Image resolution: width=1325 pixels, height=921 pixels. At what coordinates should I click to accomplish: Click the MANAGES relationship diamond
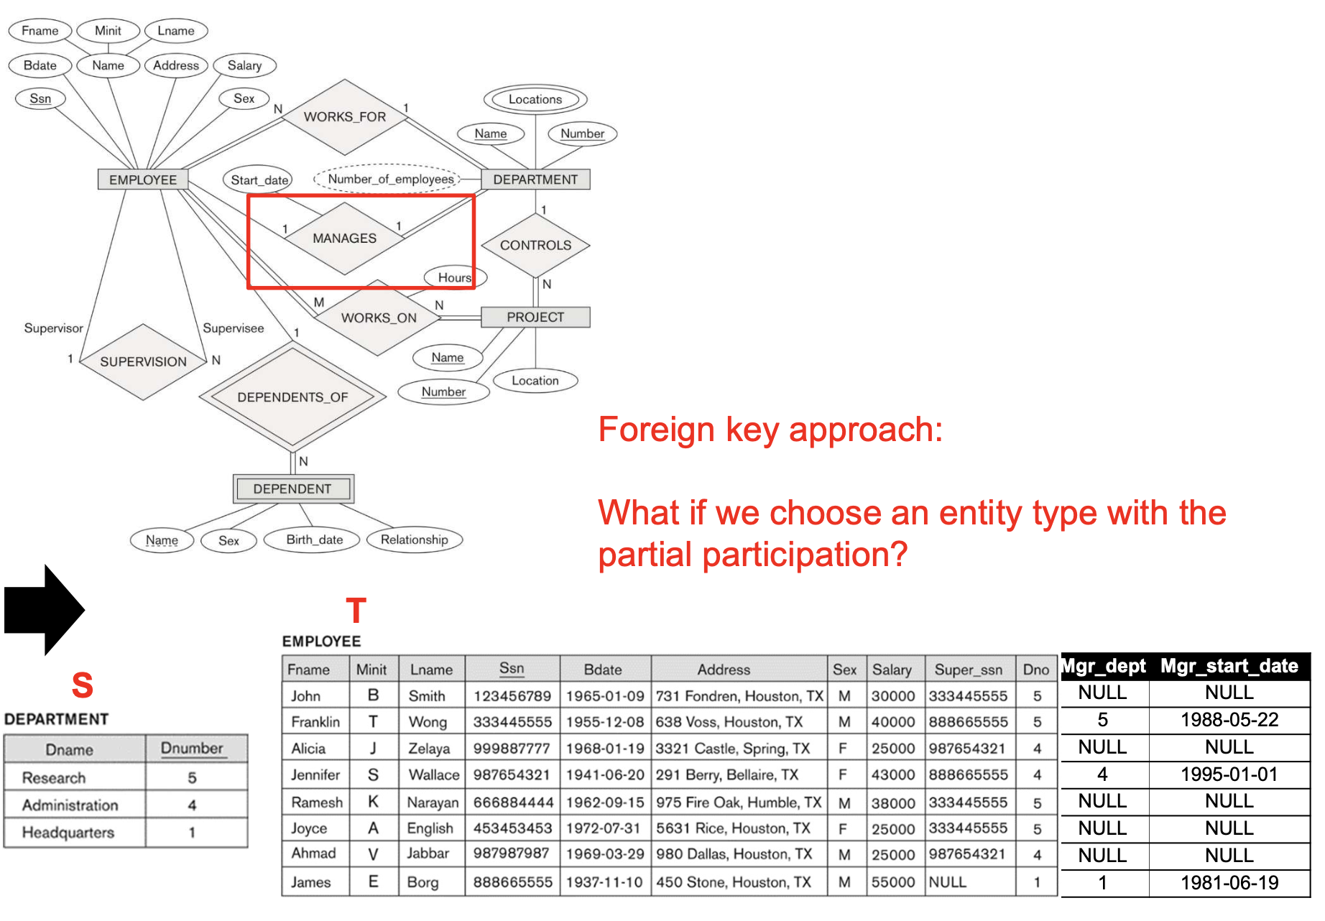click(344, 239)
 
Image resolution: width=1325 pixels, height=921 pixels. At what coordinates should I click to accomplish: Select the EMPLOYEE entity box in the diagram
click(143, 180)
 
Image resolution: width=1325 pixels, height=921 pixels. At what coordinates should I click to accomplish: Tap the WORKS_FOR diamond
click(345, 117)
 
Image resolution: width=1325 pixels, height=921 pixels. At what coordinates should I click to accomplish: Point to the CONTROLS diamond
click(535, 245)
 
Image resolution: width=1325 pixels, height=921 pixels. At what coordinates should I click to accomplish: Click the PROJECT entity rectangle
click(535, 317)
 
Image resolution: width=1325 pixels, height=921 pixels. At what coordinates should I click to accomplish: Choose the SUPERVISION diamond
click(143, 361)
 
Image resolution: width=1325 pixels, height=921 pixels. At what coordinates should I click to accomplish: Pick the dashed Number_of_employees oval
click(390, 179)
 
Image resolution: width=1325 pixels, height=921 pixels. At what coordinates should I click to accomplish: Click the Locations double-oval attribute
click(535, 99)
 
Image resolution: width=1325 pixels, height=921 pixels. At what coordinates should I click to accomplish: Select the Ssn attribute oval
click(40, 98)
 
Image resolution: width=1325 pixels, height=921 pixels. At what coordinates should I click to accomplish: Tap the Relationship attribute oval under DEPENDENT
click(414, 540)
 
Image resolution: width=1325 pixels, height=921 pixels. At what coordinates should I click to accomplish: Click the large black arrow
click(45, 610)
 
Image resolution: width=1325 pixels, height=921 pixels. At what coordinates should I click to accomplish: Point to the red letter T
click(356, 611)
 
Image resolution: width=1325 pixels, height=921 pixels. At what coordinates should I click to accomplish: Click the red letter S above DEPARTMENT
click(83, 685)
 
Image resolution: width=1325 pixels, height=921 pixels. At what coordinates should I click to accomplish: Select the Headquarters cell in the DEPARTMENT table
click(68, 833)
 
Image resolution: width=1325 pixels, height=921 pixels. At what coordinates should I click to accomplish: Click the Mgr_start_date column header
click(1229, 666)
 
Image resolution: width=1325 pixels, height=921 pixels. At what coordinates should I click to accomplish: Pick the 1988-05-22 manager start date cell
click(1229, 720)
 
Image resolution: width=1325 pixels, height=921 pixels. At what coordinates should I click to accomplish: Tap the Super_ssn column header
click(968, 670)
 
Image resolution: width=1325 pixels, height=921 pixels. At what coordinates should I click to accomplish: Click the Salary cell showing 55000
click(893, 882)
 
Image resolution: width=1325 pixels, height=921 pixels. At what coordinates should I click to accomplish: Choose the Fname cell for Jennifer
click(315, 774)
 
